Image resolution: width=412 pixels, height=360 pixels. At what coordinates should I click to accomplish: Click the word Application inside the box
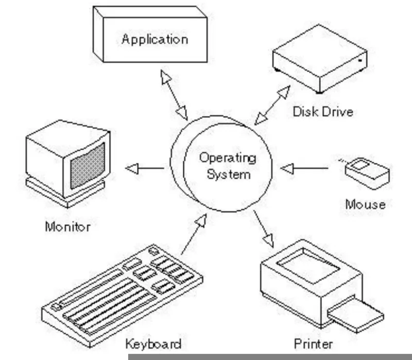pos(155,40)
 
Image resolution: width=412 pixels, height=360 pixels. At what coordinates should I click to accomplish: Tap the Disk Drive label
pos(323,112)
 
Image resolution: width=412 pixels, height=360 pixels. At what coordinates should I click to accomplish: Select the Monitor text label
pos(68,227)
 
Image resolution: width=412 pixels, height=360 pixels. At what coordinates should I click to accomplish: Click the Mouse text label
pos(366,204)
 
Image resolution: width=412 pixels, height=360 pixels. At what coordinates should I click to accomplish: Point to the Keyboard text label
pos(153,344)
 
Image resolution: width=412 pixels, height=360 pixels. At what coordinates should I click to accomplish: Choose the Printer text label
pos(314,344)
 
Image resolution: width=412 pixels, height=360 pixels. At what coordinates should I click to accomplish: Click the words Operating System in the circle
pos(228,166)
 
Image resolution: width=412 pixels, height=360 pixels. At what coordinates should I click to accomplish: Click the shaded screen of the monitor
pos(88,166)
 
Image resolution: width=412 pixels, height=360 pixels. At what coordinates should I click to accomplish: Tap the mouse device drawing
pos(367,174)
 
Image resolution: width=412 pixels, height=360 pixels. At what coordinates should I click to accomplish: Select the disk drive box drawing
pos(320,59)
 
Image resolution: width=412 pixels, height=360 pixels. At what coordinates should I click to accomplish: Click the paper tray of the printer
pos(356,314)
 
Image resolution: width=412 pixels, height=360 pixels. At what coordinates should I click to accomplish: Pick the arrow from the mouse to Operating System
pos(304,168)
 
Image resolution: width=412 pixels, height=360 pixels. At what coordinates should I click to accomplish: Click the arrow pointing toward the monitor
pos(145,168)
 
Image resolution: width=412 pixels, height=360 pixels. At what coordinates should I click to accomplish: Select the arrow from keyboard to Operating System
pos(194,234)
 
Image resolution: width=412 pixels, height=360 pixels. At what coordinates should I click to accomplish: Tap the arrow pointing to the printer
pos(264,229)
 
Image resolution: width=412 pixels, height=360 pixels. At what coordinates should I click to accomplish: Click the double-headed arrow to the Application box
pos(174,95)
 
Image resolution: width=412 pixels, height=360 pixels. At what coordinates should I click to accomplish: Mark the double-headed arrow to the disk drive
pos(272,106)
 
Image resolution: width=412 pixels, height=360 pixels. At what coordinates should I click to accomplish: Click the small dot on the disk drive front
pos(360,60)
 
